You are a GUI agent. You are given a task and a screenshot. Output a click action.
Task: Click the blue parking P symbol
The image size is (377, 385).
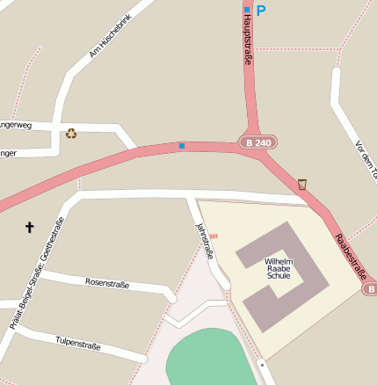tap(261, 11)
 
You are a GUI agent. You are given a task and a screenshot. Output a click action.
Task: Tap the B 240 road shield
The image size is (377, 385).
tap(258, 142)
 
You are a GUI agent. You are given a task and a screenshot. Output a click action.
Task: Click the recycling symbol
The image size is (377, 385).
tap(71, 134)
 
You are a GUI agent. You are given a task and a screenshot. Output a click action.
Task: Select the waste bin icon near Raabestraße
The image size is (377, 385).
tap(302, 184)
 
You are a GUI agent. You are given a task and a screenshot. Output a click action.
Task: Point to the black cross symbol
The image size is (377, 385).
tap(29, 228)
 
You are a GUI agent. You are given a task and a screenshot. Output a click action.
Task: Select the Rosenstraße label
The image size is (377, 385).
tap(107, 283)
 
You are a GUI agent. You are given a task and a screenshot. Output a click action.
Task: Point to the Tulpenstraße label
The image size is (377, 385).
tap(78, 343)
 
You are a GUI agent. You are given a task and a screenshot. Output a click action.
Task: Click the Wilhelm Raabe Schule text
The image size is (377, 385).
tap(279, 268)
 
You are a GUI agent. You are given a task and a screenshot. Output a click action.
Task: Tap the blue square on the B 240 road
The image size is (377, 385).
tap(182, 145)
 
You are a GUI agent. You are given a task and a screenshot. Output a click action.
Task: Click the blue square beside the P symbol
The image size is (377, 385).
tap(247, 11)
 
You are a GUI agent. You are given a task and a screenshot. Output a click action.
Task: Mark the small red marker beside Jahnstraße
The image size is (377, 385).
tap(214, 236)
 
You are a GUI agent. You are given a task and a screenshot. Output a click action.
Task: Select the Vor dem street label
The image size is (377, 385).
tap(364, 158)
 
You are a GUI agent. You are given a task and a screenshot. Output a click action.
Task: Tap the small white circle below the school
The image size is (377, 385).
tap(262, 361)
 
